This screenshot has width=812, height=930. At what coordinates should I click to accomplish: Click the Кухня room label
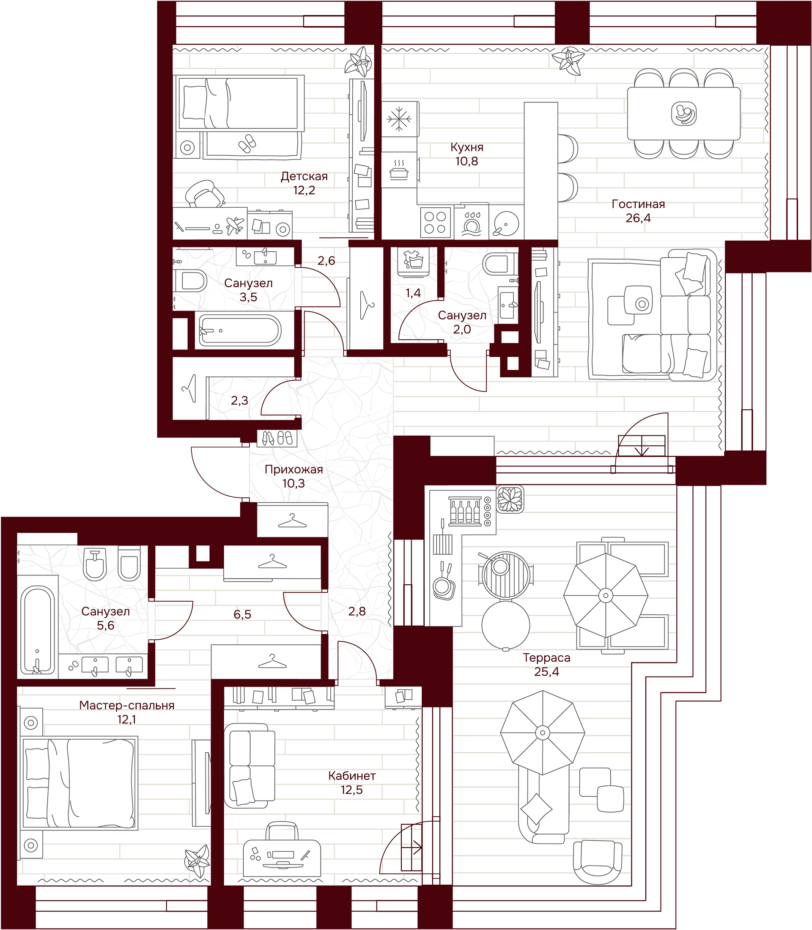(x=467, y=147)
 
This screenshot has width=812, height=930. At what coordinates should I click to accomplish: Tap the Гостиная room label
(x=638, y=204)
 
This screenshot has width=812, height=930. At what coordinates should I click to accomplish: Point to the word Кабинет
(x=351, y=776)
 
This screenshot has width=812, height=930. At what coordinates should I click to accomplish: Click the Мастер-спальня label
(x=127, y=705)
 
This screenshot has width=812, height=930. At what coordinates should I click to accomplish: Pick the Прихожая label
(x=294, y=470)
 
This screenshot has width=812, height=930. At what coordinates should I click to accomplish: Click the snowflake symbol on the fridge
(x=399, y=119)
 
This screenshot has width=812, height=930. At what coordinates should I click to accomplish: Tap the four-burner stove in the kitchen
(x=436, y=222)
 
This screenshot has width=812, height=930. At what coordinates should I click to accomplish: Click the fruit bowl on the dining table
(x=684, y=113)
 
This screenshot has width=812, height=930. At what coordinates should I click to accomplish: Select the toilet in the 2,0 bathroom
(x=499, y=263)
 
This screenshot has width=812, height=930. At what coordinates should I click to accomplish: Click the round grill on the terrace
(x=500, y=575)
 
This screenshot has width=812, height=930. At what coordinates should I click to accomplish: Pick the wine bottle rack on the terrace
(x=464, y=512)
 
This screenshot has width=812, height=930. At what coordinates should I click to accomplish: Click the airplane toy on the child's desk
(x=234, y=225)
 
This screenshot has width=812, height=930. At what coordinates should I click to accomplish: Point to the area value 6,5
(x=242, y=614)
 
